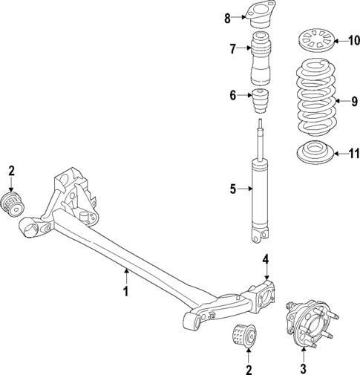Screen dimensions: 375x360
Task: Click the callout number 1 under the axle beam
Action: coord(126,291)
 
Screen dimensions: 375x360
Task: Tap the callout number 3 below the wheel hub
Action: coord(303,368)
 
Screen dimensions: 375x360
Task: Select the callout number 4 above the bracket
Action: coord(265,259)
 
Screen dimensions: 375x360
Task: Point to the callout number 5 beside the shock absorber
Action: coord(232,189)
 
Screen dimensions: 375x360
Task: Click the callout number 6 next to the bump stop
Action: coord(232,94)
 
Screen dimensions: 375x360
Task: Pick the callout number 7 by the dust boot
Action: coord(232,50)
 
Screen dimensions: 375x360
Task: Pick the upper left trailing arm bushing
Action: coord(13,203)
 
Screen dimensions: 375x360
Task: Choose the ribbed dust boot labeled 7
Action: coord(263,61)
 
